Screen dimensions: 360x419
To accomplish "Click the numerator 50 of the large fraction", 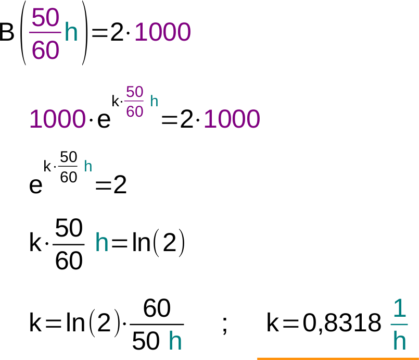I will (x=45, y=18).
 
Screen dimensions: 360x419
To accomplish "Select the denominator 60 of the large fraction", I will (x=45, y=51).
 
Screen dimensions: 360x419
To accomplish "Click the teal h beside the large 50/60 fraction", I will (x=71, y=33).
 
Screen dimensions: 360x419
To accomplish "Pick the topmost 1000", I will (x=162, y=32).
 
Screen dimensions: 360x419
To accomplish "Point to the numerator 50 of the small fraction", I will (x=134, y=92).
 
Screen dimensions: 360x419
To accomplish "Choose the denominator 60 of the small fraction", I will (x=134, y=111).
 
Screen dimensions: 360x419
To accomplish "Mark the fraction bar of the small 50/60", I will (x=134, y=102).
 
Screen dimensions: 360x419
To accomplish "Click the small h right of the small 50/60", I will (x=154, y=101).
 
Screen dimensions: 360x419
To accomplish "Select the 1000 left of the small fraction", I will (x=57, y=119).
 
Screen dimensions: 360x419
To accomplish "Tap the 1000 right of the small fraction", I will (x=232, y=119).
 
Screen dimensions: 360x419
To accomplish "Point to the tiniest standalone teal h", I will (x=88, y=166).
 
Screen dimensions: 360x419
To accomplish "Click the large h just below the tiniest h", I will (x=101, y=243).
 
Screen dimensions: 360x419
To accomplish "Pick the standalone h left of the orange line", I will (x=175, y=341).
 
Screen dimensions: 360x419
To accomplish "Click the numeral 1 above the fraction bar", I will (x=399, y=308).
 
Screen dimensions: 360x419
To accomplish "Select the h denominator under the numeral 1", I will (x=399, y=341).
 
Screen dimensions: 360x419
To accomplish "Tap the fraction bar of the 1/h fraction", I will (x=399, y=325).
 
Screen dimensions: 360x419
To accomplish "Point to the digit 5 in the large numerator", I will (x=38, y=18).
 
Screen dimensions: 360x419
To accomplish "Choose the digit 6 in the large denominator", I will (x=38, y=51).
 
